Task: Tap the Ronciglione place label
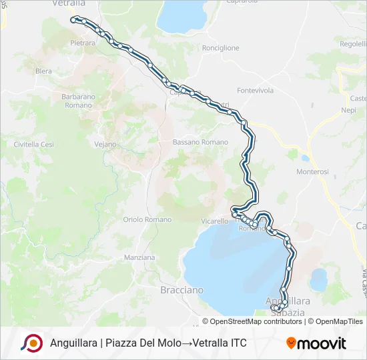click(220, 48)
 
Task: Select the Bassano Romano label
click(200, 142)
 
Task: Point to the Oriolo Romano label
click(147, 219)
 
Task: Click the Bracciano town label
click(181, 290)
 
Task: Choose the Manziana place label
click(139, 257)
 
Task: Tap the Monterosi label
click(313, 171)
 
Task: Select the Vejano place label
click(105, 144)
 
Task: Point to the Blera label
click(43, 71)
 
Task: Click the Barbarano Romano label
click(77, 101)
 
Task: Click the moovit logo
click(316, 343)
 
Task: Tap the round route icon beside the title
click(31, 343)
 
